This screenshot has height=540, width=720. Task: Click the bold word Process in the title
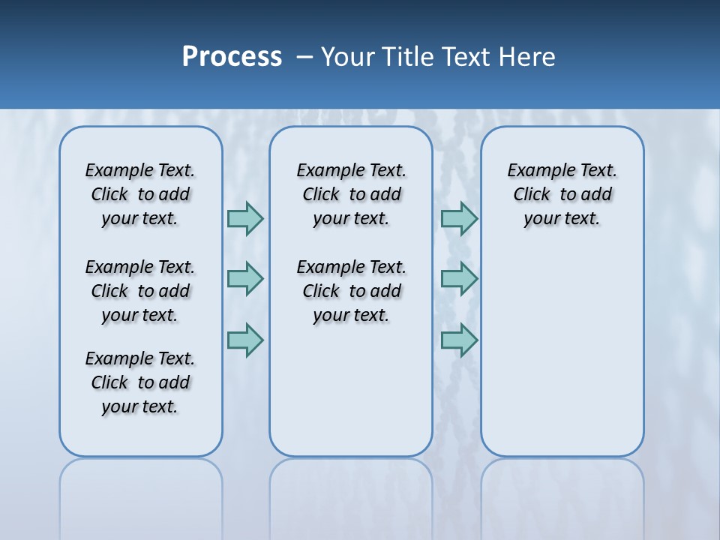click(232, 56)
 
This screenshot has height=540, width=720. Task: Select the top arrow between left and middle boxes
click(245, 218)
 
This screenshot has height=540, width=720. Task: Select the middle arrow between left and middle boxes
click(245, 279)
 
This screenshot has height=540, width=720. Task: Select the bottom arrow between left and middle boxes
click(245, 340)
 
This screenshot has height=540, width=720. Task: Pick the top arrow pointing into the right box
click(459, 218)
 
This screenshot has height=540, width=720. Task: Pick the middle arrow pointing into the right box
click(459, 279)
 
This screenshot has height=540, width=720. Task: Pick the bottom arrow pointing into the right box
click(459, 340)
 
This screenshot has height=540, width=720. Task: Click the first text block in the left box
click(140, 194)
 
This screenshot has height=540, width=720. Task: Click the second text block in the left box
click(140, 291)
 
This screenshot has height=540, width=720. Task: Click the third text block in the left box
click(140, 382)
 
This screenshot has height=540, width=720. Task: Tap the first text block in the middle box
click(351, 194)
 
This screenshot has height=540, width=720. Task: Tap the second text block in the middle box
click(351, 291)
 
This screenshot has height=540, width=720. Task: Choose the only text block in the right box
click(562, 194)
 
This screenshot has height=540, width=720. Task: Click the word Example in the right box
click(535, 171)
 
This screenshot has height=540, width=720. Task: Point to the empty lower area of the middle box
click(351, 390)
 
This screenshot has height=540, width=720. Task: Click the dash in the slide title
click(304, 57)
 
